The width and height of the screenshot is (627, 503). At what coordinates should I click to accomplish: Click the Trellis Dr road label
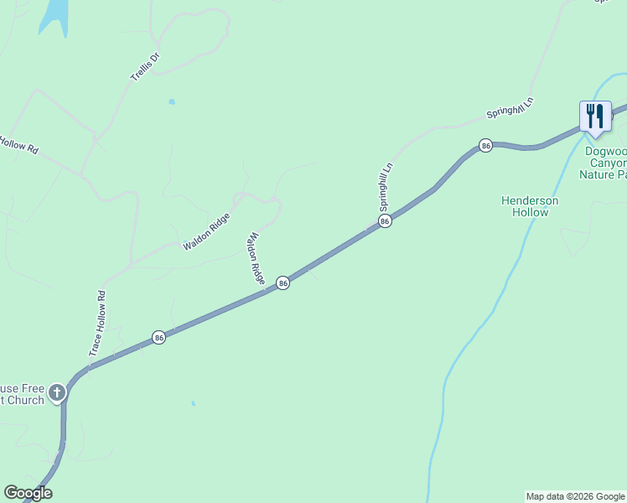tap(145, 67)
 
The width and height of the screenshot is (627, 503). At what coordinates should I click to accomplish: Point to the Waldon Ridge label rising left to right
tap(206, 231)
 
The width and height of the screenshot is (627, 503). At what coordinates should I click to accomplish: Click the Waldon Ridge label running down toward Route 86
tap(256, 257)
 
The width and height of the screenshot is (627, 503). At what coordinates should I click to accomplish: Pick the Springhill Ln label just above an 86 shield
tap(386, 187)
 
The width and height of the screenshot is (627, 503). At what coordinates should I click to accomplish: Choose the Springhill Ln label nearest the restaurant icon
tap(510, 110)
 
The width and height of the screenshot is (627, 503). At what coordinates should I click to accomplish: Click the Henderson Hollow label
tap(530, 206)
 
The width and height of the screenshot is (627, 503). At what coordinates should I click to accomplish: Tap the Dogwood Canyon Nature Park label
tap(605, 163)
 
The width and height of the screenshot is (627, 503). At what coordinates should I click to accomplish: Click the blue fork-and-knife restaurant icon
tap(594, 117)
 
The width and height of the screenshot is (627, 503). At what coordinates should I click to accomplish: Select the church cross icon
tap(57, 392)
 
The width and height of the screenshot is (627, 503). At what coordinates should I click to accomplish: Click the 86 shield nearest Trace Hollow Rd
tap(158, 337)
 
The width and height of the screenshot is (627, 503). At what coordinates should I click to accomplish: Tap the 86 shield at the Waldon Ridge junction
tap(283, 283)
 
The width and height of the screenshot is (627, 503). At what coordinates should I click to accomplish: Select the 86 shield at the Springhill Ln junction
tap(384, 221)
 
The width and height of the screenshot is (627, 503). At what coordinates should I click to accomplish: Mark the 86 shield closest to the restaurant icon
tap(485, 146)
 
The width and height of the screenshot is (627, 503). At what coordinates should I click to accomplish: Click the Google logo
tap(28, 493)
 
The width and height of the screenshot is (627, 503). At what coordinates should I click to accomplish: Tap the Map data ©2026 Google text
tap(575, 496)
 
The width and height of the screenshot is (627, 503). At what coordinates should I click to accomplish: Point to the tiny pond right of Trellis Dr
tap(172, 102)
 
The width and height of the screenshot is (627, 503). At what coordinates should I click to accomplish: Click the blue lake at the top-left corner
tap(53, 15)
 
